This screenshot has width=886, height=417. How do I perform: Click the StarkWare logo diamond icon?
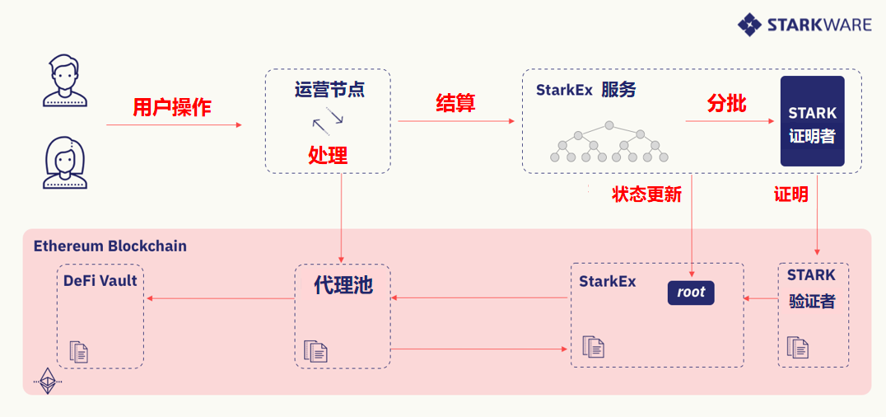point(749,25)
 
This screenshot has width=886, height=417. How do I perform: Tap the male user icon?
point(65,80)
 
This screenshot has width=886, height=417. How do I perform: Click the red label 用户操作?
point(172,107)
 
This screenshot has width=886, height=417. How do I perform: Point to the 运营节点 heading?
point(329,89)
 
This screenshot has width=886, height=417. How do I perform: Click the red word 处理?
point(328,154)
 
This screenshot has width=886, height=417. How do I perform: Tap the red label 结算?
point(455,102)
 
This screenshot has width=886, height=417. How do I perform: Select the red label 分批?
point(726,104)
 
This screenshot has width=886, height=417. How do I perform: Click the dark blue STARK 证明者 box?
point(813,121)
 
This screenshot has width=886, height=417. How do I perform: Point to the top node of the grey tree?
point(609,125)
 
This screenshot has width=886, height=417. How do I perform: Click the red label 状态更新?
point(647,194)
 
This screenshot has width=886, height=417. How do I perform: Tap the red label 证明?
point(791,194)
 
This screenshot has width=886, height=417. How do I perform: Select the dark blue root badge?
point(691,293)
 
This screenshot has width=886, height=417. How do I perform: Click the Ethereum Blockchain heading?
point(110,246)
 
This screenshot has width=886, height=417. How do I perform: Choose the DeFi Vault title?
point(100,280)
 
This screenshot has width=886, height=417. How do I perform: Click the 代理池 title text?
point(343,285)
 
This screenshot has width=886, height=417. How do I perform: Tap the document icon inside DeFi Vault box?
point(79,352)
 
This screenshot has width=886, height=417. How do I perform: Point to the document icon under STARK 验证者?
point(798,348)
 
